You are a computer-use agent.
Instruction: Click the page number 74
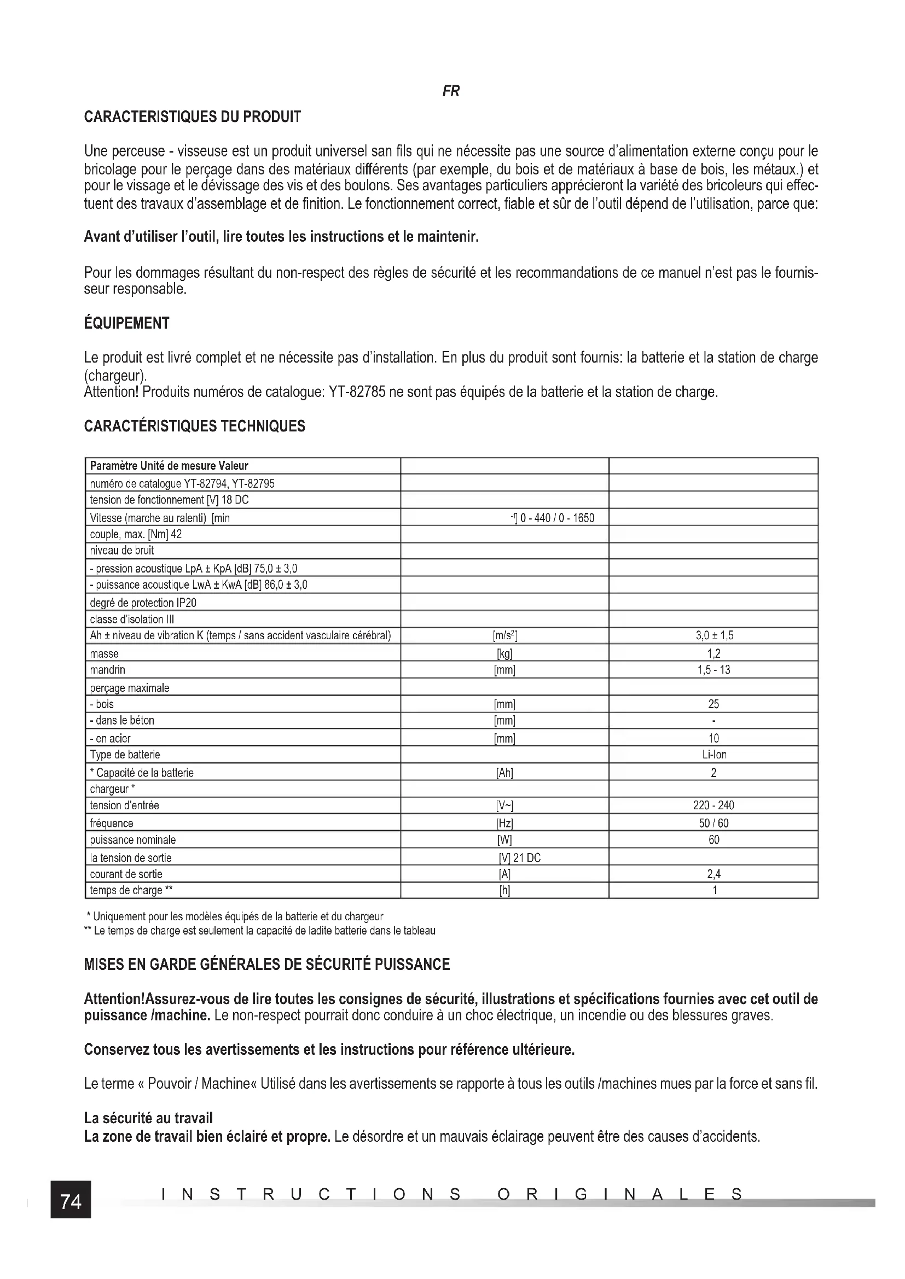tap(71, 1201)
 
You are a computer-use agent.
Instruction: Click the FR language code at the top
tap(451, 91)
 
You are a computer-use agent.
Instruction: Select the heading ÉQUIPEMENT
tap(126, 323)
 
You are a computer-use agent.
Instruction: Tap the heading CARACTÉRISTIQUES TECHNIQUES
tap(194, 426)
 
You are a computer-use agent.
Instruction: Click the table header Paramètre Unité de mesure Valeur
tap(169, 466)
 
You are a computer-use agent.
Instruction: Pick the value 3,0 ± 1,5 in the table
tap(713, 635)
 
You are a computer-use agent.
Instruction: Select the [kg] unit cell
tap(504, 653)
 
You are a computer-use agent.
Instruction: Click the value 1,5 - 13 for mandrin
tap(713, 670)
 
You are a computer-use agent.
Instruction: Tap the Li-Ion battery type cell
tap(713, 755)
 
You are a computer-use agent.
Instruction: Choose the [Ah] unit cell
tap(504, 773)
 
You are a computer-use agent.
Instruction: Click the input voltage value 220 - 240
tap(713, 805)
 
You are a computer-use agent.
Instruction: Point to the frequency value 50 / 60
tap(713, 824)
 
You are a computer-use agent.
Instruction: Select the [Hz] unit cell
tap(504, 824)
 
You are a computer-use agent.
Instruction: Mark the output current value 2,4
tap(713, 874)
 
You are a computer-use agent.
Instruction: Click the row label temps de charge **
tap(131, 890)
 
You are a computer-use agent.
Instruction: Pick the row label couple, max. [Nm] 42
tap(135, 534)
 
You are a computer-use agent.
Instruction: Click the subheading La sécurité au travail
tap(148, 1118)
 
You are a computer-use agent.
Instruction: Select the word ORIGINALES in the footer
tap(620, 1194)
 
